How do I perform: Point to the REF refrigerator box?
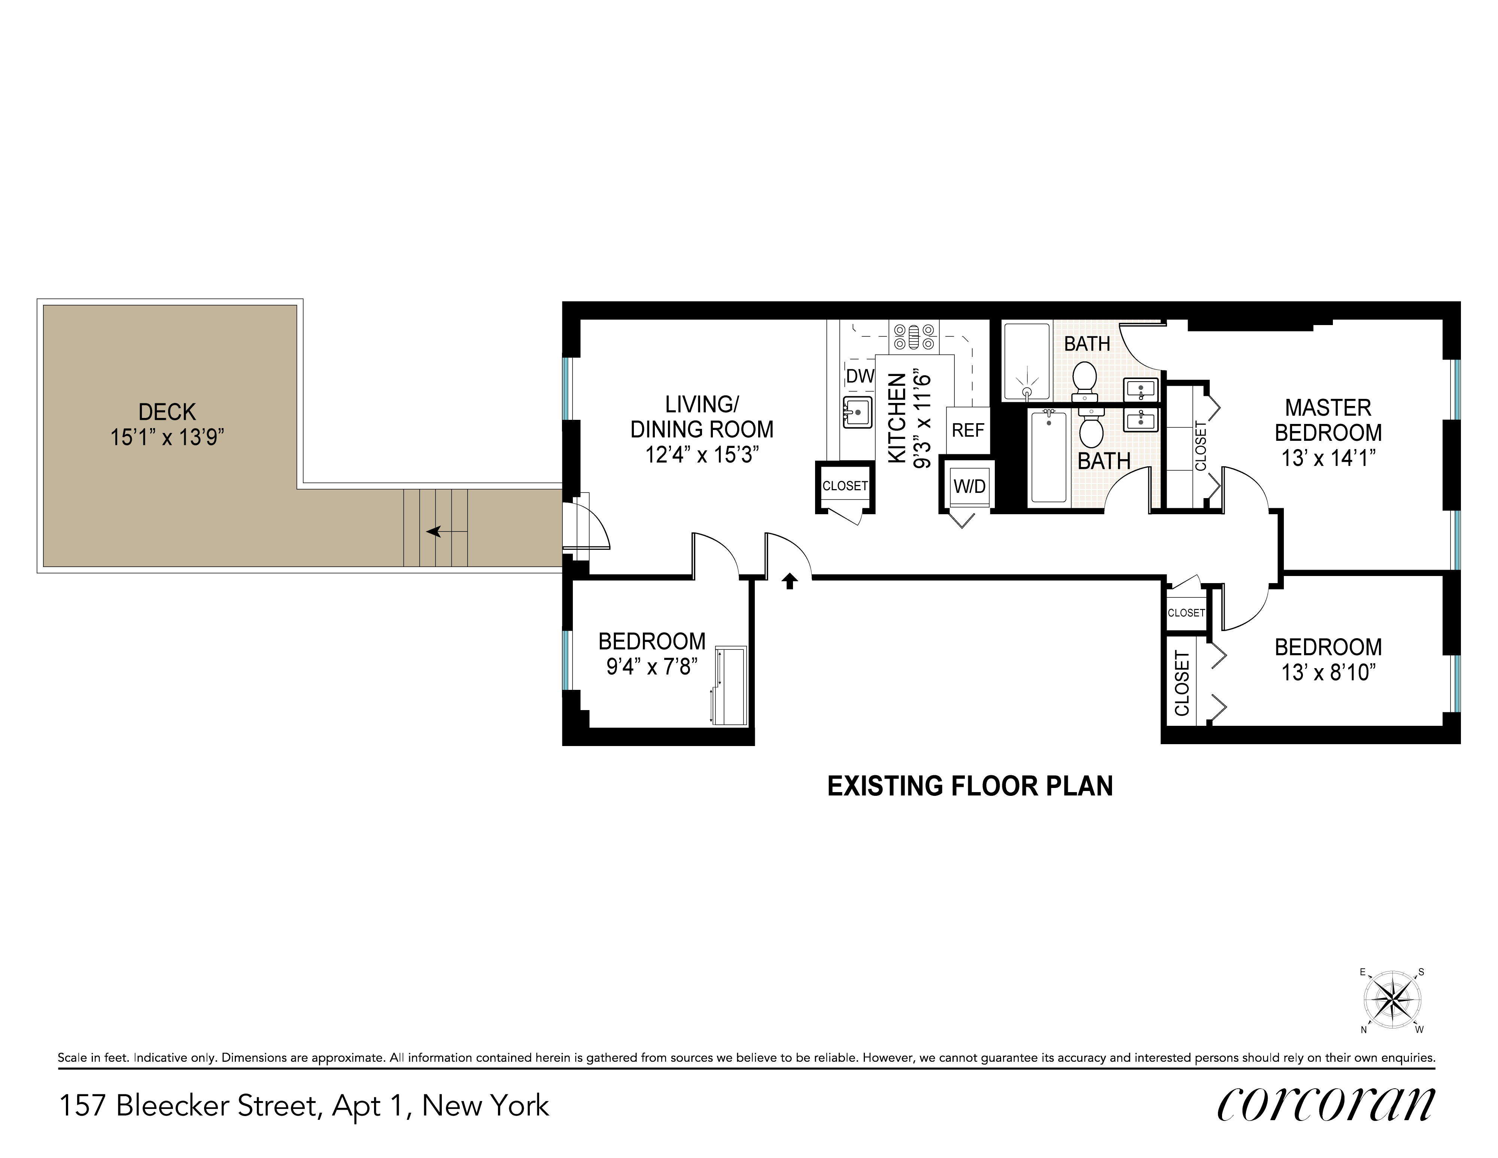pos(968,430)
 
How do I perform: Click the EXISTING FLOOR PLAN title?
pos(970,786)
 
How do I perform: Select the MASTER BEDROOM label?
pos(1328,420)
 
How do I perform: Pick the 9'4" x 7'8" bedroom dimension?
pos(651,666)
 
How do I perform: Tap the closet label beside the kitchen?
pos(845,486)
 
